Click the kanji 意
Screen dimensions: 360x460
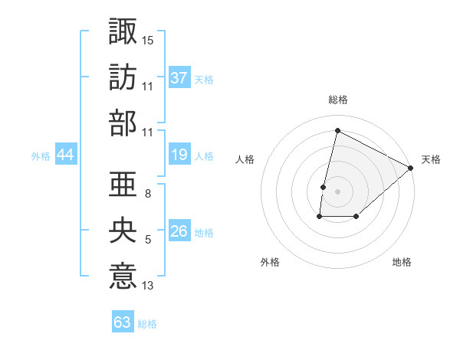[x=123, y=276]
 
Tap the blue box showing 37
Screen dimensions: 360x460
[x=179, y=78]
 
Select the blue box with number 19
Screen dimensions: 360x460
[x=179, y=155]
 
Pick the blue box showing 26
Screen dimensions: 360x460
[x=179, y=232]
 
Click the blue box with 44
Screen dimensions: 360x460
[x=66, y=155]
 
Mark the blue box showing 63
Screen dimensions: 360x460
[x=123, y=322]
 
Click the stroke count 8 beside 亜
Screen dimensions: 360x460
[x=147, y=194]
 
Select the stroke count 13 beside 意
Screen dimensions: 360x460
[x=148, y=286]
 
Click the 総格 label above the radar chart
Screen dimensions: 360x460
[x=337, y=100]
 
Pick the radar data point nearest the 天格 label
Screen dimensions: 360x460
[x=412, y=168]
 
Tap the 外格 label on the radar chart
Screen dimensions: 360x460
[x=270, y=263]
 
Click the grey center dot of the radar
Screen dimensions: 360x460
[x=337, y=191]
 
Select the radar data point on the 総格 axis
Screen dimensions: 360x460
[x=337, y=130]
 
